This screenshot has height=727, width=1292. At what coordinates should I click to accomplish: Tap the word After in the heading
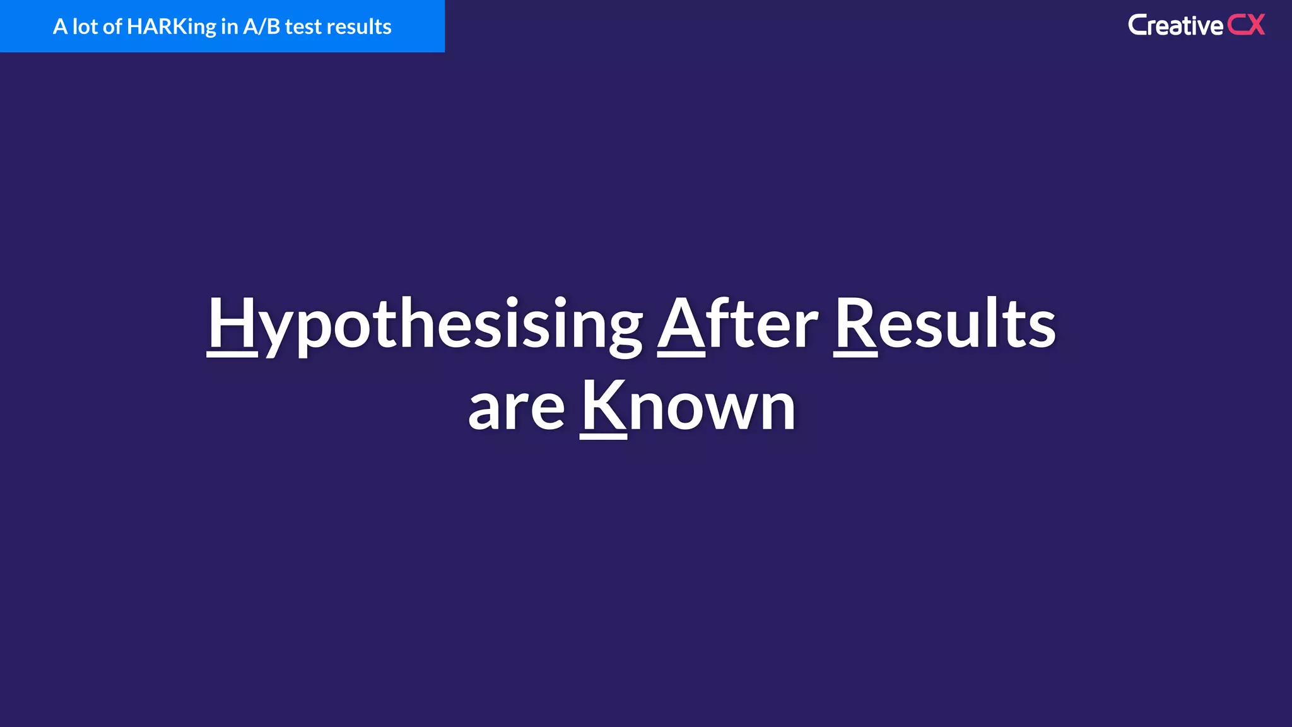(737, 323)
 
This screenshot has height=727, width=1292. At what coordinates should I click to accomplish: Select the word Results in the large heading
(944, 323)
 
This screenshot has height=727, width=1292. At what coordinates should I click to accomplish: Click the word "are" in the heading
(516, 409)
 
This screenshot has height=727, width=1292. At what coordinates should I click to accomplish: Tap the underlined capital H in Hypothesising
(232, 323)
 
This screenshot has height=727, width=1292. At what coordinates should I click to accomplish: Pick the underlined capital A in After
(681, 323)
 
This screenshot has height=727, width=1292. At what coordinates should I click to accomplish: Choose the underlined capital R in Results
(855, 323)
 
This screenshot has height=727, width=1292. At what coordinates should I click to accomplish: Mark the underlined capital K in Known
(603, 406)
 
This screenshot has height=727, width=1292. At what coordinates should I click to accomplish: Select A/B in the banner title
(261, 27)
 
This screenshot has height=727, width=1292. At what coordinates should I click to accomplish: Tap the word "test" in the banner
(304, 27)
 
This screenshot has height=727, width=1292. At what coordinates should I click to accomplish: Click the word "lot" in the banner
(85, 27)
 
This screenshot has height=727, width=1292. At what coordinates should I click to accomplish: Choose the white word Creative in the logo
(1175, 26)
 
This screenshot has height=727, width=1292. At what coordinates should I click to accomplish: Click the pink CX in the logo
(1246, 25)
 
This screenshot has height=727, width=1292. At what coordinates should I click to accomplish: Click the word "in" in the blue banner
(229, 27)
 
